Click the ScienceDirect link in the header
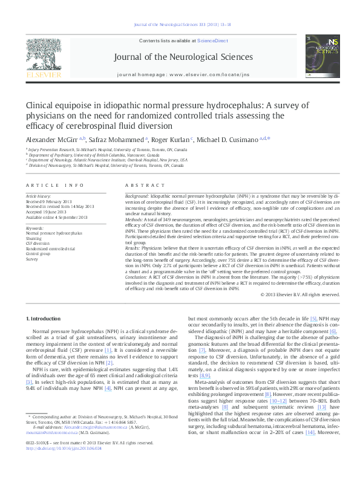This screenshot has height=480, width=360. click(212, 40)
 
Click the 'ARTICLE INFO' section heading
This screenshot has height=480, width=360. click(55, 185)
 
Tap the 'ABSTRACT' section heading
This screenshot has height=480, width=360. click(141, 185)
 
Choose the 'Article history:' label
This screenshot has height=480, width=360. click(39, 197)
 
